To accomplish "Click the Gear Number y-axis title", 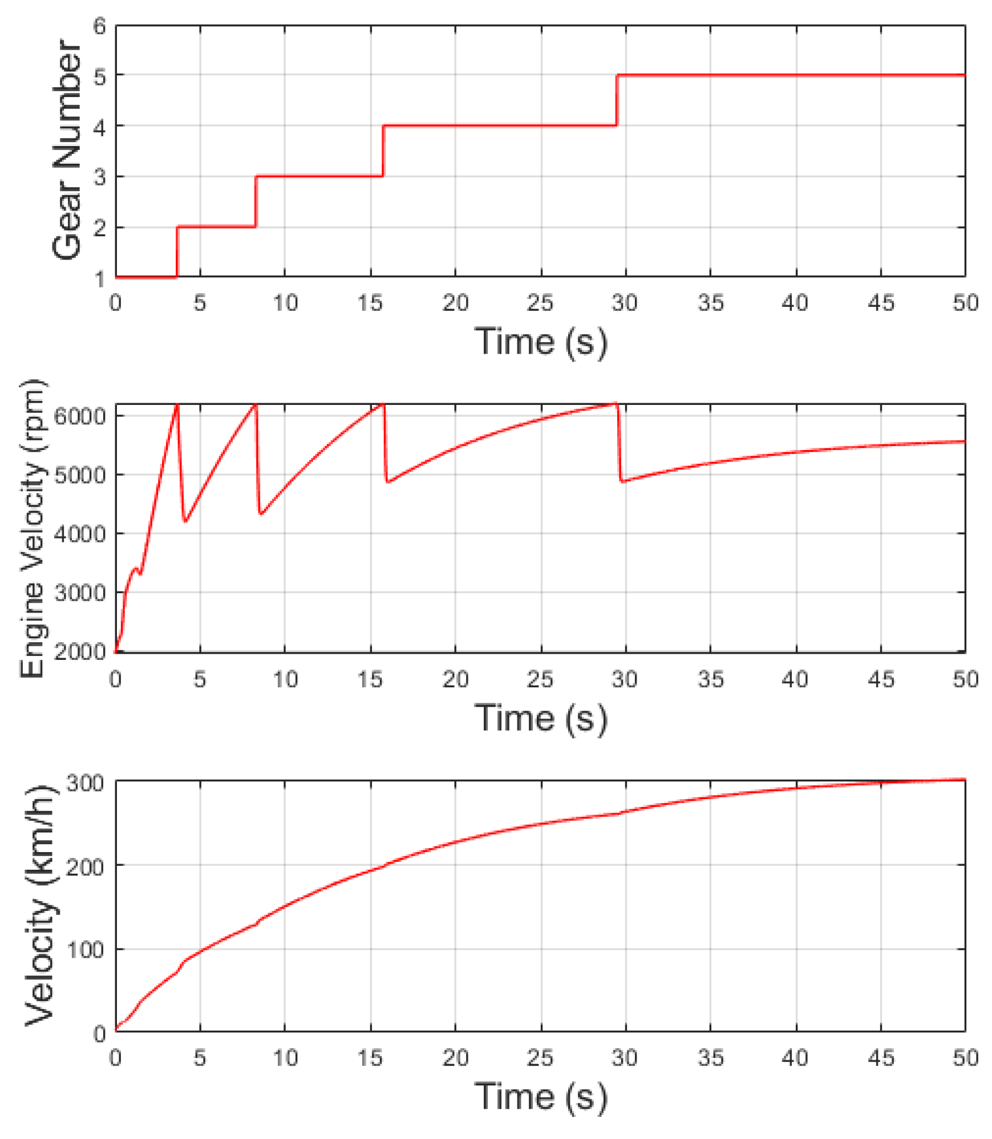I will (x=67, y=149).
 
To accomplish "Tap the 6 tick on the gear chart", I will (x=100, y=26).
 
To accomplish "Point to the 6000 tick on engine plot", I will (x=80, y=416).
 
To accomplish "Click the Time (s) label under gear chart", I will (x=540, y=342).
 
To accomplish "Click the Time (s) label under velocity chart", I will (x=540, y=1096).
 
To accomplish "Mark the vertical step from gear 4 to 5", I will (x=617, y=100).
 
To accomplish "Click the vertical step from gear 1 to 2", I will (x=177, y=252).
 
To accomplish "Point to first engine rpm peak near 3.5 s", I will (x=177, y=405).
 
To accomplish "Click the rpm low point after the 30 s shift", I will (x=623, y=481).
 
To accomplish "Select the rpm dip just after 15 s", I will (x=388, y=482).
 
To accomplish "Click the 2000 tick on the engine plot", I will (x=80, y=651).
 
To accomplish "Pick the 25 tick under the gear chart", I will (x=540, y=302).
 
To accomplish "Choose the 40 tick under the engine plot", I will (x=795, y=679).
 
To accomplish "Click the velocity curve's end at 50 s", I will (x=964, y=779).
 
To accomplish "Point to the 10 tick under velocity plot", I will (x=285, y=1058).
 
